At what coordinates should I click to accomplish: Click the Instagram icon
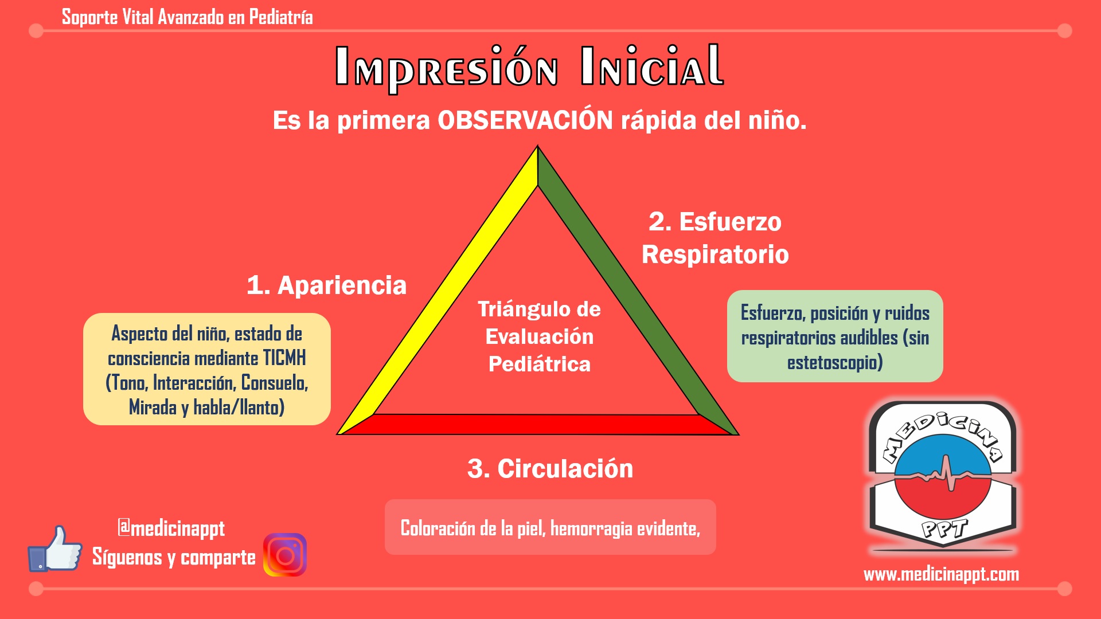tap(285, 555)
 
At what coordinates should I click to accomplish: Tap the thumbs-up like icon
tap(55, 549)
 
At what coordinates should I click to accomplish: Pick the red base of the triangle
tap(538, 424)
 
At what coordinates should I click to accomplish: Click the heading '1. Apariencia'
tap(326, 285)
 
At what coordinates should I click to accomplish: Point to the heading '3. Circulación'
tap(550, 469)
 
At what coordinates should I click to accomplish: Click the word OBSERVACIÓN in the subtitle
tap(525, 120)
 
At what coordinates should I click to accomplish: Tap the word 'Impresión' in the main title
tap(446, 68)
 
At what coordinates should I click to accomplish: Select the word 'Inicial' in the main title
tap(652, 65)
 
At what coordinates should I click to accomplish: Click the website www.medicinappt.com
tap(941, 574)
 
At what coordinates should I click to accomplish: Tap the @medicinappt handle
tap(171, 528)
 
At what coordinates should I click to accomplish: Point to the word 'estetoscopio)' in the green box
tap(835, 363)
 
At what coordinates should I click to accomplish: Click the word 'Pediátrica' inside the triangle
tap(539, 364)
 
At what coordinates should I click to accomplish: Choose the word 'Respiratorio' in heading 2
tap(715, 254)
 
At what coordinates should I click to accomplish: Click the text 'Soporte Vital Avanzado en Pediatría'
tap(187, 17)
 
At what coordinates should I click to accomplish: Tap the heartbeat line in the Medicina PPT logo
tap(943, 474)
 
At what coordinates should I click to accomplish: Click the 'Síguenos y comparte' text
tap(174, 557)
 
